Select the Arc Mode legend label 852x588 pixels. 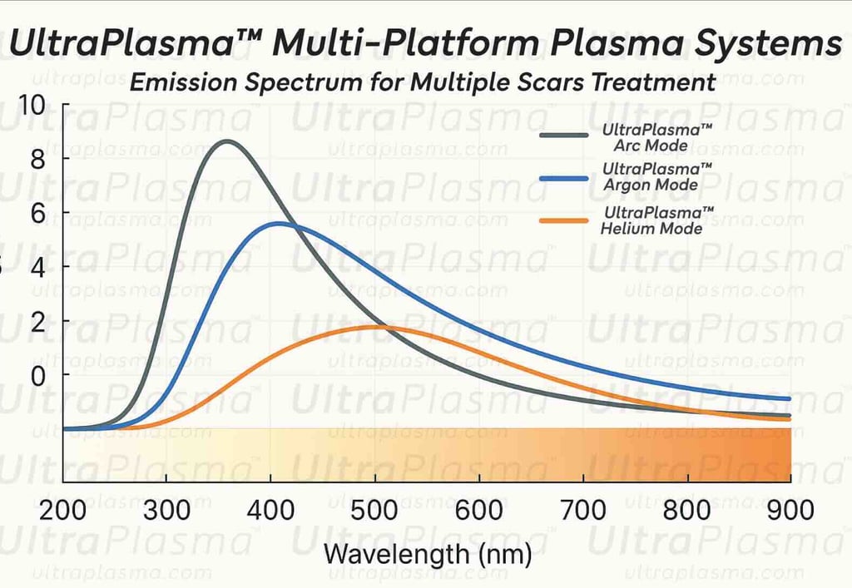657,138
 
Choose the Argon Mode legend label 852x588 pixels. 657,176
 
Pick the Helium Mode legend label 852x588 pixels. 657,220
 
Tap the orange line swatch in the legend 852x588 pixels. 570,220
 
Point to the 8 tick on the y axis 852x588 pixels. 37,159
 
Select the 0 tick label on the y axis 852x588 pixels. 37,376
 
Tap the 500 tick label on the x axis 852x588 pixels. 376,509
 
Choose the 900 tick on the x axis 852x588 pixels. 790,509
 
